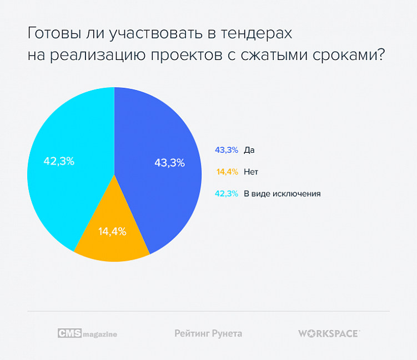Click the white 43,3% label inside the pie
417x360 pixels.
169,163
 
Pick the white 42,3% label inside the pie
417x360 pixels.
59,161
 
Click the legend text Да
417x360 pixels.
249,150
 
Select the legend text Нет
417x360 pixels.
251,172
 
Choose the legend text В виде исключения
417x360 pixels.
283,194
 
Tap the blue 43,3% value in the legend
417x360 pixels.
226,150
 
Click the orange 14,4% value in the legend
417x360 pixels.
227,172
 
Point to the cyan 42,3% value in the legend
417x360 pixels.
226,194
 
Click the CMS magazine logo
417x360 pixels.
87,333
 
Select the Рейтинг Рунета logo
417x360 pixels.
208,333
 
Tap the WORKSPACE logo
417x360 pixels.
329,333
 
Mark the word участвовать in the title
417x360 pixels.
149,33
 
